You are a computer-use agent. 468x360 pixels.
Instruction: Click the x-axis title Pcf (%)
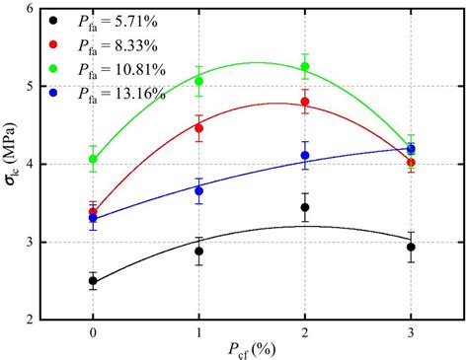tap(251, 351)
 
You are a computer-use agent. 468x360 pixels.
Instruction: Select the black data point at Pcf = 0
tap(93, 281)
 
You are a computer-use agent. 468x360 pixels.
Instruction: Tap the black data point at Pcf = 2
tap(305, 207)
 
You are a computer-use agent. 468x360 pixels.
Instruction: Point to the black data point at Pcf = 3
tap(411, 247)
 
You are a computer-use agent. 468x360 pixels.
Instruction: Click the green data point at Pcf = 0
tap(93, 159)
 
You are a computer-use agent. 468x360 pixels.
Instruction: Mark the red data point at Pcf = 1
tap(198, 128)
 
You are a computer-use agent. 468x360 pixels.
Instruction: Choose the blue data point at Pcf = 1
tap(198, 190)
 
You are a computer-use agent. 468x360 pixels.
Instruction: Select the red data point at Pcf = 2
tap(305, 102)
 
